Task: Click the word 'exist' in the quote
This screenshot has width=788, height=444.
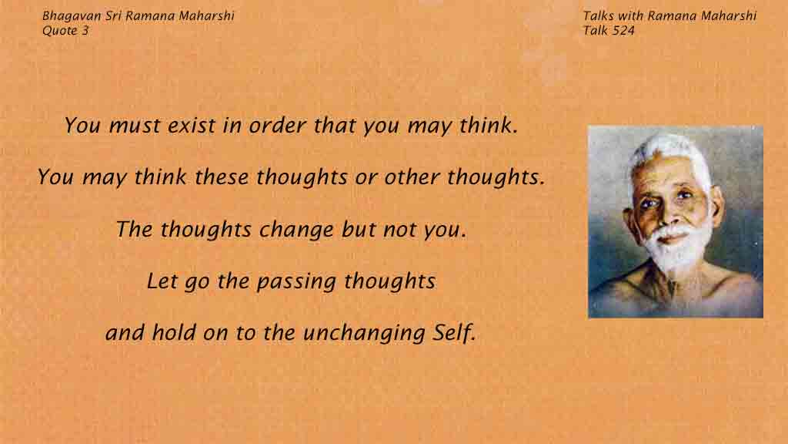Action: click(x=192, y=126)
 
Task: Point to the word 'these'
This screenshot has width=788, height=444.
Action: click(x=221, y=177)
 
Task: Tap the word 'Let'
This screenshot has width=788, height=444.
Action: click(x=162, y=281)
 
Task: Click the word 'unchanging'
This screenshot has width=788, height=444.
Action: click(x=364, y=333)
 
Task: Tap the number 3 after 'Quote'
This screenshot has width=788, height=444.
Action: click(x=85, y=31)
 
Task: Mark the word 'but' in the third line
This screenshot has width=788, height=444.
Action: click(x=359, y=229)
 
